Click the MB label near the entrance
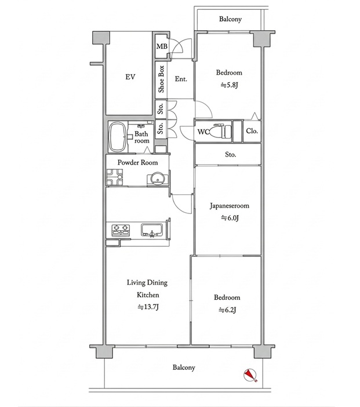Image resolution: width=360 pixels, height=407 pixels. coord(162,46)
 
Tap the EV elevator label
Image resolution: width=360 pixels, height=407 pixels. coord(130,77)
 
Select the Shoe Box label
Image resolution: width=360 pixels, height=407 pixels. coord(161,79)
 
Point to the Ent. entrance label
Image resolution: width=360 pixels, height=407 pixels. coord(181,79)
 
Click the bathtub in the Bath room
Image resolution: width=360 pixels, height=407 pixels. coord(118,137)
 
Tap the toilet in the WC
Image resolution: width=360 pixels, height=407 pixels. coord(220,132)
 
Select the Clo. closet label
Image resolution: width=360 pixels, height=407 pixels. coord(252,131)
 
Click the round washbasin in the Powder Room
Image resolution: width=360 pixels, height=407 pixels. coord(157,179)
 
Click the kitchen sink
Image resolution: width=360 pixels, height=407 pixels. coord(152,230)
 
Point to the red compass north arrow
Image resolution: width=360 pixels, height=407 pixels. coord(250,375)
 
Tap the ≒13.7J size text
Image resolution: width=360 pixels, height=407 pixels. coord(148,307)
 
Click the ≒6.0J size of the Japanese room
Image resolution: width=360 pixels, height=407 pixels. coord(230,218)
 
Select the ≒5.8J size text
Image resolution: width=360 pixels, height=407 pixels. coord(229,85)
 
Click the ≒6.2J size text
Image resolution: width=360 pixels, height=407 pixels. coord(227,310)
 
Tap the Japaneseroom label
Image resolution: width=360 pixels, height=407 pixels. coord(230,206)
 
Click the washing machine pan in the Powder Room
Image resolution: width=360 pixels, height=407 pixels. coord(114,177)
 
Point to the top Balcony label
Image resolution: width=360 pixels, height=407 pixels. coord(230,19)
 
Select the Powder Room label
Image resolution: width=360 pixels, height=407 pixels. coord(137,162)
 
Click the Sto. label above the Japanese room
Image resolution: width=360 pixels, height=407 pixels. coord(231,155)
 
